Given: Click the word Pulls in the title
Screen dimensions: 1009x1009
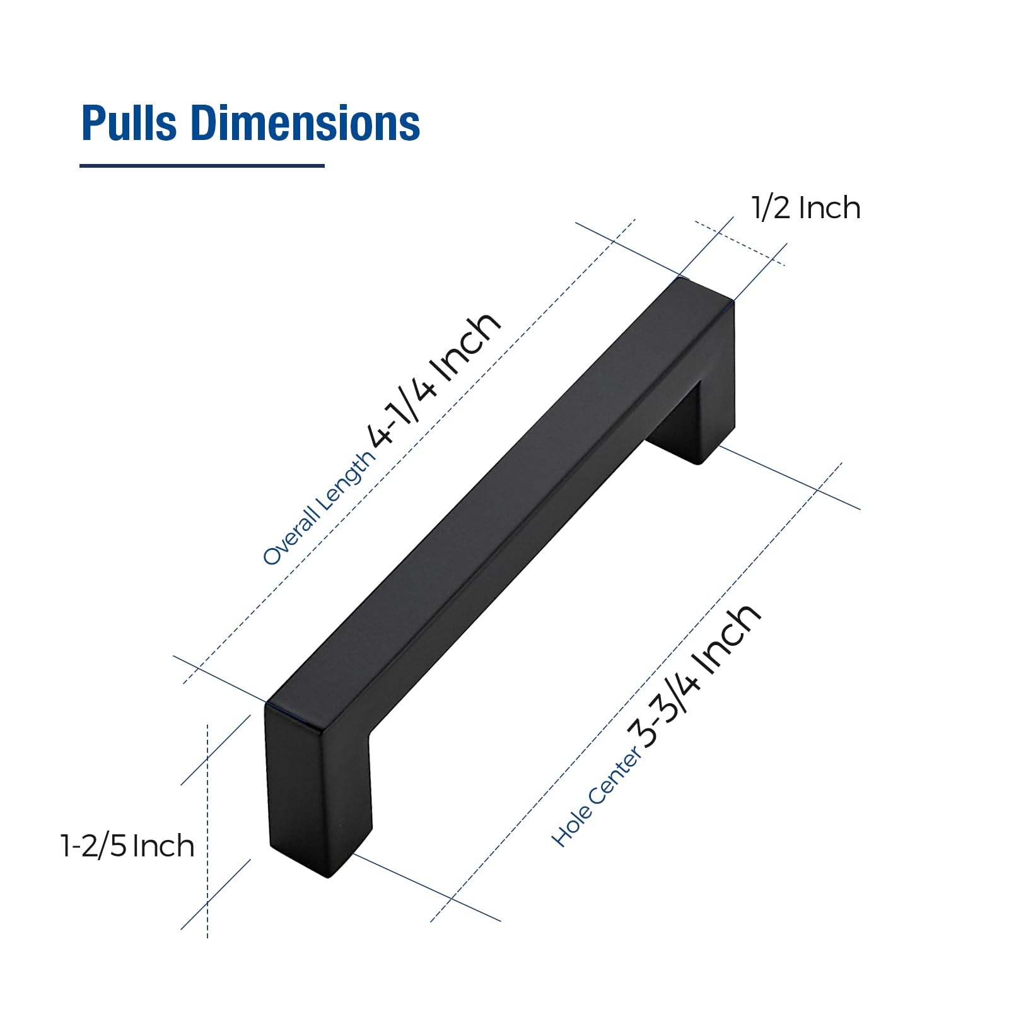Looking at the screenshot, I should (129, 123).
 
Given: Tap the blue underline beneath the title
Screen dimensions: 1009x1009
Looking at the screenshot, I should (202, 166).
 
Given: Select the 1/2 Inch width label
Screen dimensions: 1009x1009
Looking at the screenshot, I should (805, 208).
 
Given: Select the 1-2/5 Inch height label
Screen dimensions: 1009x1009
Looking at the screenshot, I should (127, 846).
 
